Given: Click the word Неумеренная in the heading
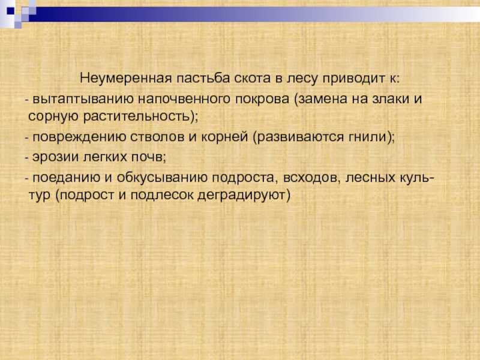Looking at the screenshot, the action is pyautogui.click(x=126, y=78).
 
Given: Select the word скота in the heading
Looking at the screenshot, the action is pyautogui.click(x=253, y=79).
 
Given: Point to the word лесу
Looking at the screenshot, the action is pyautogui.click(x=302, y=79).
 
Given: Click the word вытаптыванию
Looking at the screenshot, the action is pyautogui.click(x=83, y=99).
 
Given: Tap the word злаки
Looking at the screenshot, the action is pyautogui.click(x=391, y=98).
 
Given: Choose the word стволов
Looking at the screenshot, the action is pyautogui.click(x=157, y=137).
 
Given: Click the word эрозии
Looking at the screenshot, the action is pyautogui.click(x=56, y=157).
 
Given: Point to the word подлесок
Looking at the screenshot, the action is pyautogui.click(x=162, y=194).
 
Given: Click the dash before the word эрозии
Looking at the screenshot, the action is pyautogui.click(x=26, y=158).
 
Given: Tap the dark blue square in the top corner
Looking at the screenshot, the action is pyautogui.click(x=11, y=11).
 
